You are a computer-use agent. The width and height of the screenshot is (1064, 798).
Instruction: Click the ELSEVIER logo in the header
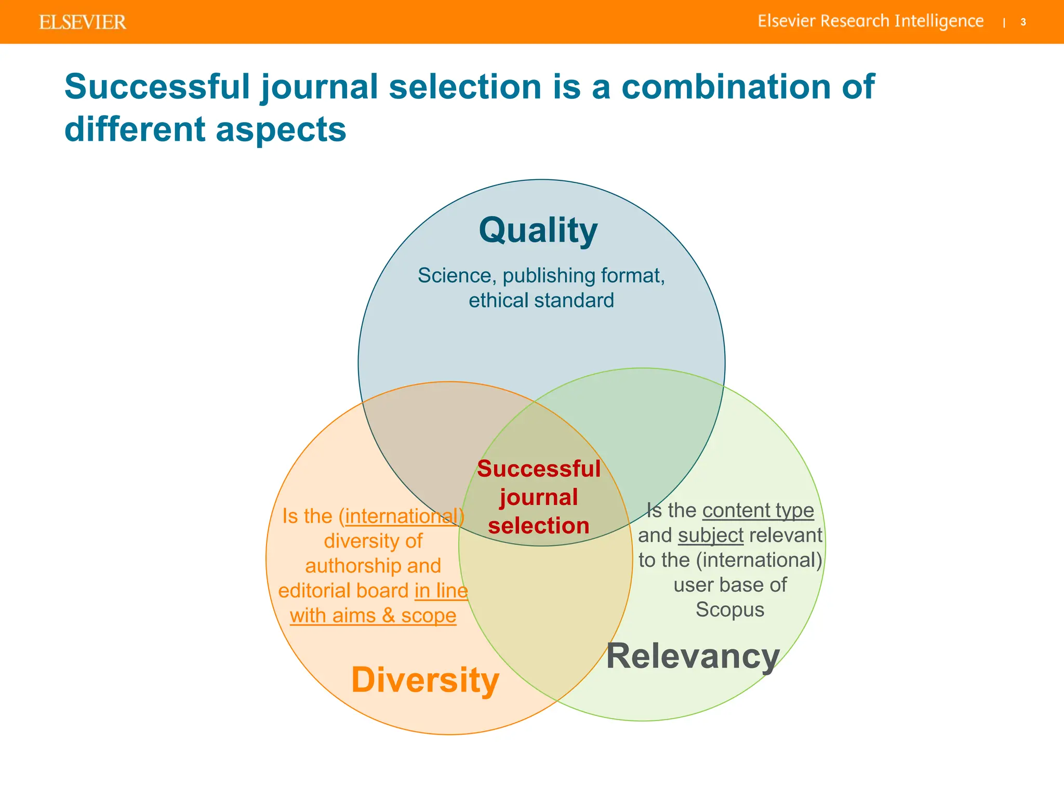coord(83,22)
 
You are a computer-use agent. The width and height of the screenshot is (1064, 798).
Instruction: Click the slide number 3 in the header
coord(1023,22)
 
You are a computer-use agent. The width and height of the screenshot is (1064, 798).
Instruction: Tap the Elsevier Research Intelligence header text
coord(870,21)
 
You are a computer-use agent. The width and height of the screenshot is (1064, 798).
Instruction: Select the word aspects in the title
coord(281,129)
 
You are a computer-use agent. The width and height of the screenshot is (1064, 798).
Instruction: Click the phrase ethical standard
coord(541,300)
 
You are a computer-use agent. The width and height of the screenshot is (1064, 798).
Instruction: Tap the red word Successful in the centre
coord(539,469)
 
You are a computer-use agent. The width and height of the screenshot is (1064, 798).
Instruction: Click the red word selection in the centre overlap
coord(539,526)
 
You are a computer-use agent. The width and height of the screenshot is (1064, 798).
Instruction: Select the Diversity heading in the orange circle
coord(425,680)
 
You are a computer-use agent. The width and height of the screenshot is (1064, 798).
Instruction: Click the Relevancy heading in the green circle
coord(693,656)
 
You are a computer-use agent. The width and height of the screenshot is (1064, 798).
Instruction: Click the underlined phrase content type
coord(758,510)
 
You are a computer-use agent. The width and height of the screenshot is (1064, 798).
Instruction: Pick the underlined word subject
coord(711,535)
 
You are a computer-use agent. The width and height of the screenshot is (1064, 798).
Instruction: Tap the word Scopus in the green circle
coord(730,609)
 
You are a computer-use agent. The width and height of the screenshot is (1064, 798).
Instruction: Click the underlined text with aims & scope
coord(373,616)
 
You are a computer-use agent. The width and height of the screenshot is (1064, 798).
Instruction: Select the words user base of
coord(730,585)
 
